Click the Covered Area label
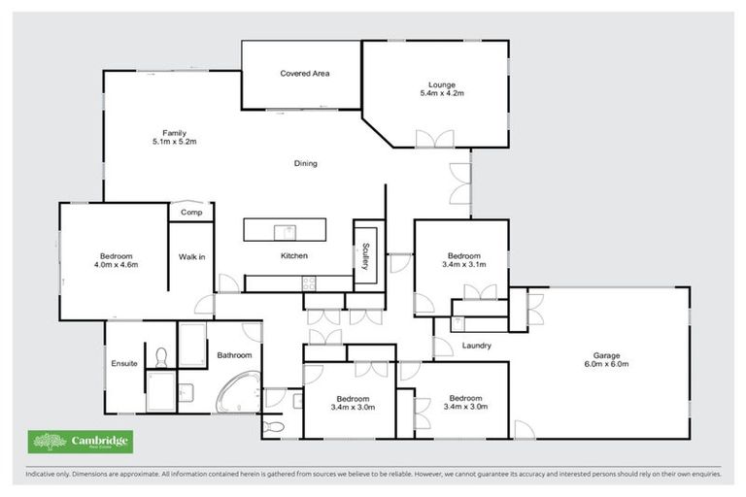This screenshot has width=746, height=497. pos(301,74)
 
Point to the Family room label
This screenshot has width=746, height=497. pos(174,133)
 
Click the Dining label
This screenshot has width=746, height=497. pos(305,163)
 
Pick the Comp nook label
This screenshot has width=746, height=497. pos(190,213)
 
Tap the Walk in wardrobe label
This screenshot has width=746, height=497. pos(191,256)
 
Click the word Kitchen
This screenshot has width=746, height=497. pos(294,256)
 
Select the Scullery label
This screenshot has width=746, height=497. pos(368,254)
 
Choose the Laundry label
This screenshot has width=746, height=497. pos(476,346)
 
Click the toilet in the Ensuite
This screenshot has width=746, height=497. pos(161,357)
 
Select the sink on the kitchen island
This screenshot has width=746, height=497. pos(285,230)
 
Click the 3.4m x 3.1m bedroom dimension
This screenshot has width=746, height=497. pos(461,265)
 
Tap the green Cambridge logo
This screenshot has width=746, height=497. pos(80,443)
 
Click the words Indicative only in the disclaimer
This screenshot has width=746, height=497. pos(49,475)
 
